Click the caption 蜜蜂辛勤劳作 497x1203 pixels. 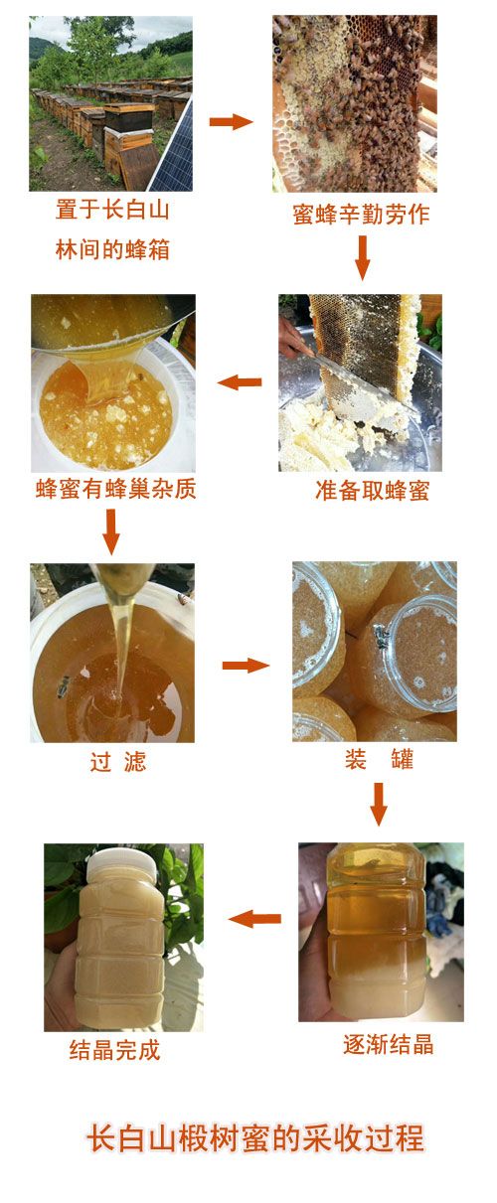(x=361, y=215)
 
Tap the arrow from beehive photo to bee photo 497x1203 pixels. (x=231, y=121)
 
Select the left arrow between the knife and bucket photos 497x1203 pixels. (x=240, y=382)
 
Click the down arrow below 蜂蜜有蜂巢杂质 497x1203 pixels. (x=111, y=531)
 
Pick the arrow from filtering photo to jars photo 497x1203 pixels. (x=246, y=666)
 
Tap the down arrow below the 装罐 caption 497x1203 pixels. (x=379, y=804)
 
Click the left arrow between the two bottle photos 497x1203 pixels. (x=254, y=918)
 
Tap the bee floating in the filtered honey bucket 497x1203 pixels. (x=64, y=685)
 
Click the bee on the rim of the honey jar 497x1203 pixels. (x=382, y=637)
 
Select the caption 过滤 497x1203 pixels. (x=117, y=762)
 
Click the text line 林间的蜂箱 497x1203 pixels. (x=113, y=249)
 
